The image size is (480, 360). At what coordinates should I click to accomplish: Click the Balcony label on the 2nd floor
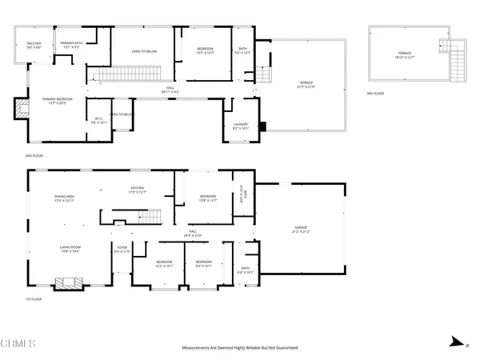click(34, 45)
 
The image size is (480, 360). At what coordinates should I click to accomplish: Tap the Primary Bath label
click(71, 45)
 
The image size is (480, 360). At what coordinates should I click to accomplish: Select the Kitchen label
click(138, 190)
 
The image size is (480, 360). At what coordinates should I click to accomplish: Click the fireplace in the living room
click(66, 283)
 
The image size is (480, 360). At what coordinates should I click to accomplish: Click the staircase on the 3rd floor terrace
click(457, 57)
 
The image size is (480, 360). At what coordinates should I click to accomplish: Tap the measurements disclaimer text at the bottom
click(239, 348)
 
